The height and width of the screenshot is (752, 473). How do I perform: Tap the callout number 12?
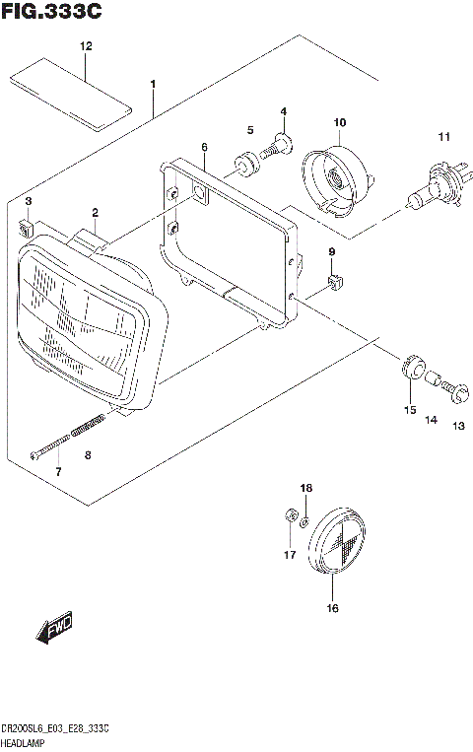tap(86, 46)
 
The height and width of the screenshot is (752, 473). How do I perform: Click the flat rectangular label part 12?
tap(70, 95)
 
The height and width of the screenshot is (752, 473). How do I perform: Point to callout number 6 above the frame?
tap(204, 147)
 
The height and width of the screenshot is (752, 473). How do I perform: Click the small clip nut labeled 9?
tap(333, 285)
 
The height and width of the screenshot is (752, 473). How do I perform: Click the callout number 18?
tap(305, 488)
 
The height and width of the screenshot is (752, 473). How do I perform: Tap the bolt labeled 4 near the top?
tap(279, 145)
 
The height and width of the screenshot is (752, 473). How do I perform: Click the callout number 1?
tap(153, 84)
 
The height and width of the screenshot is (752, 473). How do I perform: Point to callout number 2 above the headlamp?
tap(96, 212)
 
